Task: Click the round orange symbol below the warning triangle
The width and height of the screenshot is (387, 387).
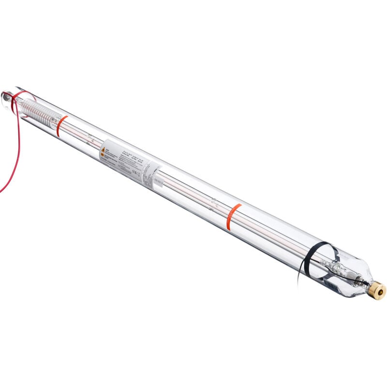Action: coord(102,157)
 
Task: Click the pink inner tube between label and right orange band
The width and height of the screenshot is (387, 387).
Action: coord(193,192)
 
